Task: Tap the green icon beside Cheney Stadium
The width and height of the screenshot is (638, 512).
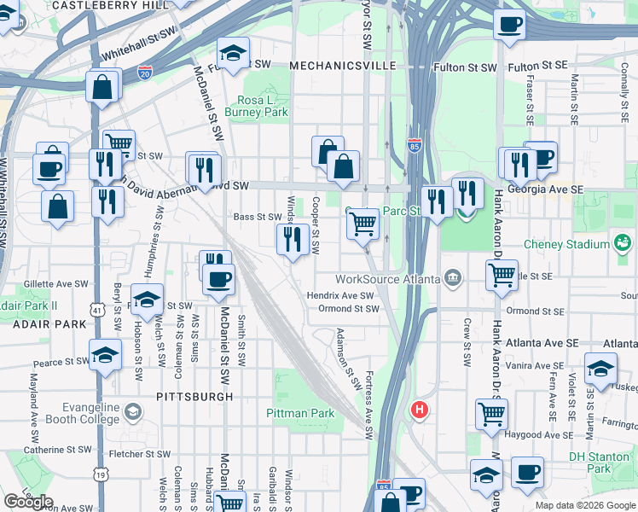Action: tap(623, 244)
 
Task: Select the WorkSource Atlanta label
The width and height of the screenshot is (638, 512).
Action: tap(387, 279)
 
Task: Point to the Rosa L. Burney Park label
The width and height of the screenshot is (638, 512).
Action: tap(257, 105)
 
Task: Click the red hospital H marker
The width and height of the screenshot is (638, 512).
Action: tap(419, 410)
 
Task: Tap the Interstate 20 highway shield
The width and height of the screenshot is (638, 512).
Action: tap(146, 75)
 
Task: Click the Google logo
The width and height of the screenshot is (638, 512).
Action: tap(28, 502)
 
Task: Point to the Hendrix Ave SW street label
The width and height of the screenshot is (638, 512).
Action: tap(341, 295)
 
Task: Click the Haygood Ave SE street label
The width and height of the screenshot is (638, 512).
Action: tap(539, 433)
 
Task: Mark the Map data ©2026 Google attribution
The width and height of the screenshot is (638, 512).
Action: tap(584, 505)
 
